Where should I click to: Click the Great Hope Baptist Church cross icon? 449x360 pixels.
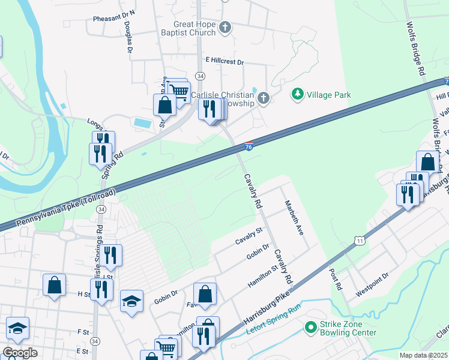point(225,27)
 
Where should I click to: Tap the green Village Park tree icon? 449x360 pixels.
point(297,94)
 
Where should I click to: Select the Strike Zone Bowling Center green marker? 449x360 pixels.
point(310,328)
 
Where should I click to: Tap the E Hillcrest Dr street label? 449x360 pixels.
point(225,61)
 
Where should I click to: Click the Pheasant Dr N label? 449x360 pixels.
point(114,19)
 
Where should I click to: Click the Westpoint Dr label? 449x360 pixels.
point(372,276)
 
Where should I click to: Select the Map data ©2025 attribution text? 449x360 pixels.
point(423,355)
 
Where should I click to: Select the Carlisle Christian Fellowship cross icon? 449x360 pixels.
point(263,98)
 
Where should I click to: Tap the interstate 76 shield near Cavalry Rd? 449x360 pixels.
point(249,146)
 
